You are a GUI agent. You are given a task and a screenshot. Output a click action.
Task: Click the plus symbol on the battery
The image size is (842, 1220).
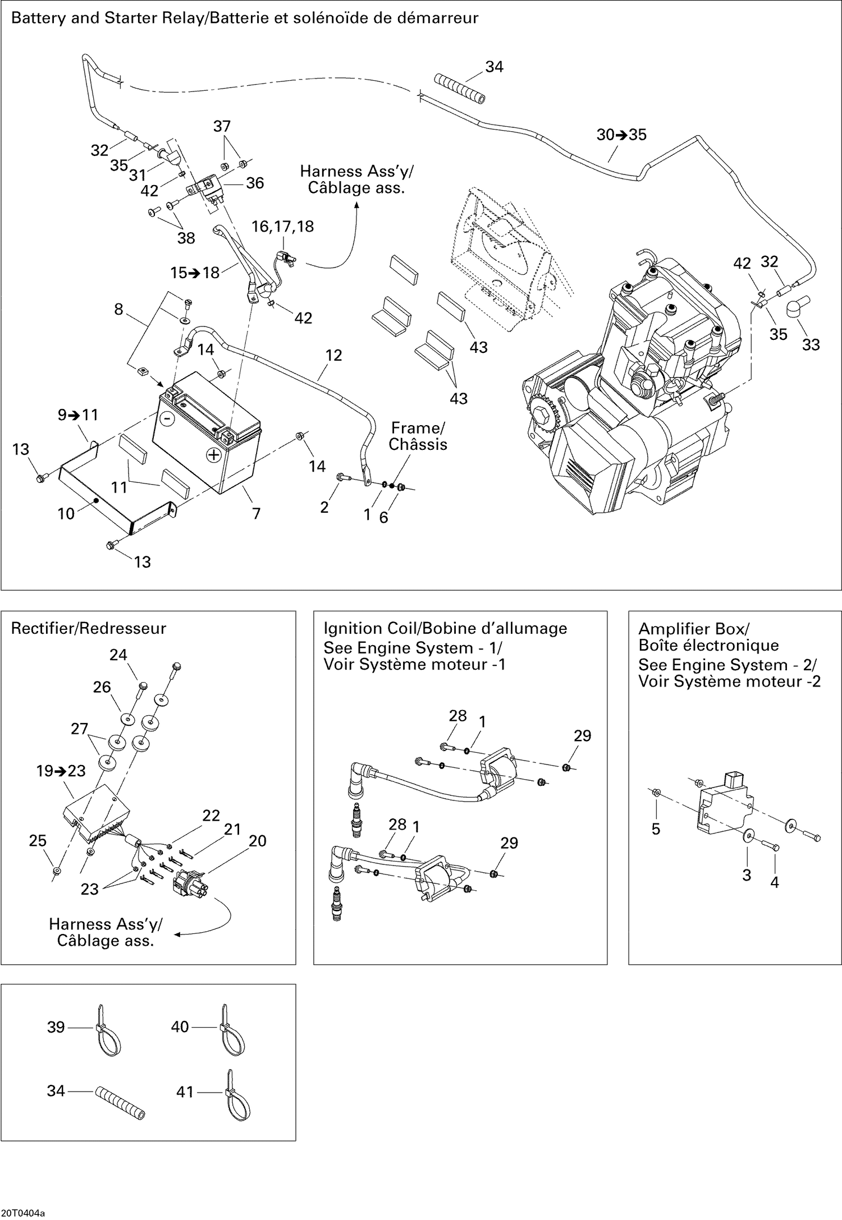(x=213, y=454)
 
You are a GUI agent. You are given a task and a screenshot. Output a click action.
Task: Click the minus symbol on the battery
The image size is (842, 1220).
(x=166, y=418)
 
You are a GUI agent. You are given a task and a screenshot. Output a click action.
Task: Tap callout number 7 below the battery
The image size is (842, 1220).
(x=256, y=513)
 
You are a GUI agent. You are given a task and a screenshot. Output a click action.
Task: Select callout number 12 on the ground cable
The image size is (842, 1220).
(x=333, y=355)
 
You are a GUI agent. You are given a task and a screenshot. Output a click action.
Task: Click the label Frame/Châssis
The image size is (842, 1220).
(x=418, y=436)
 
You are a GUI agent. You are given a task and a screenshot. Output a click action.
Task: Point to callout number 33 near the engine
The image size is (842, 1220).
(x=811, y=344)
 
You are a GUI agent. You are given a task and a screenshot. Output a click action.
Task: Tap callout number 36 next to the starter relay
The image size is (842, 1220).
(x=255, y=183)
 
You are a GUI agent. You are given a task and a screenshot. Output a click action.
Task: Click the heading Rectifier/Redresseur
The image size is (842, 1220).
(x=89, y=628)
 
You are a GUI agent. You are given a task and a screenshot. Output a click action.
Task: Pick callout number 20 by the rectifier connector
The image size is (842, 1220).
(x=257, y=840)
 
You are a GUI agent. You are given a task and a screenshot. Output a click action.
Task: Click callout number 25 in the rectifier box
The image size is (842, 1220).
(x=38, y=840)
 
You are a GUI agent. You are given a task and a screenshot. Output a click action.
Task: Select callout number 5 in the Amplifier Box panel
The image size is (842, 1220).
(x=656, y=829)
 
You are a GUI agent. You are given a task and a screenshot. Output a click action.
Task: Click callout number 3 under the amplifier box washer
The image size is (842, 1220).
(x=746, y=875)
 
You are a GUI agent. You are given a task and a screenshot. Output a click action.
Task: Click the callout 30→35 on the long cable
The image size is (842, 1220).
(x=621, y=135)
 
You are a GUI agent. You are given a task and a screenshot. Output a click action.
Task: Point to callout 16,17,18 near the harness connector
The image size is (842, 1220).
(x=282, y=227)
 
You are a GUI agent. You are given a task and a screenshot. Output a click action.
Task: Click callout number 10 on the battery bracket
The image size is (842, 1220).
(x=66, y=513)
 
